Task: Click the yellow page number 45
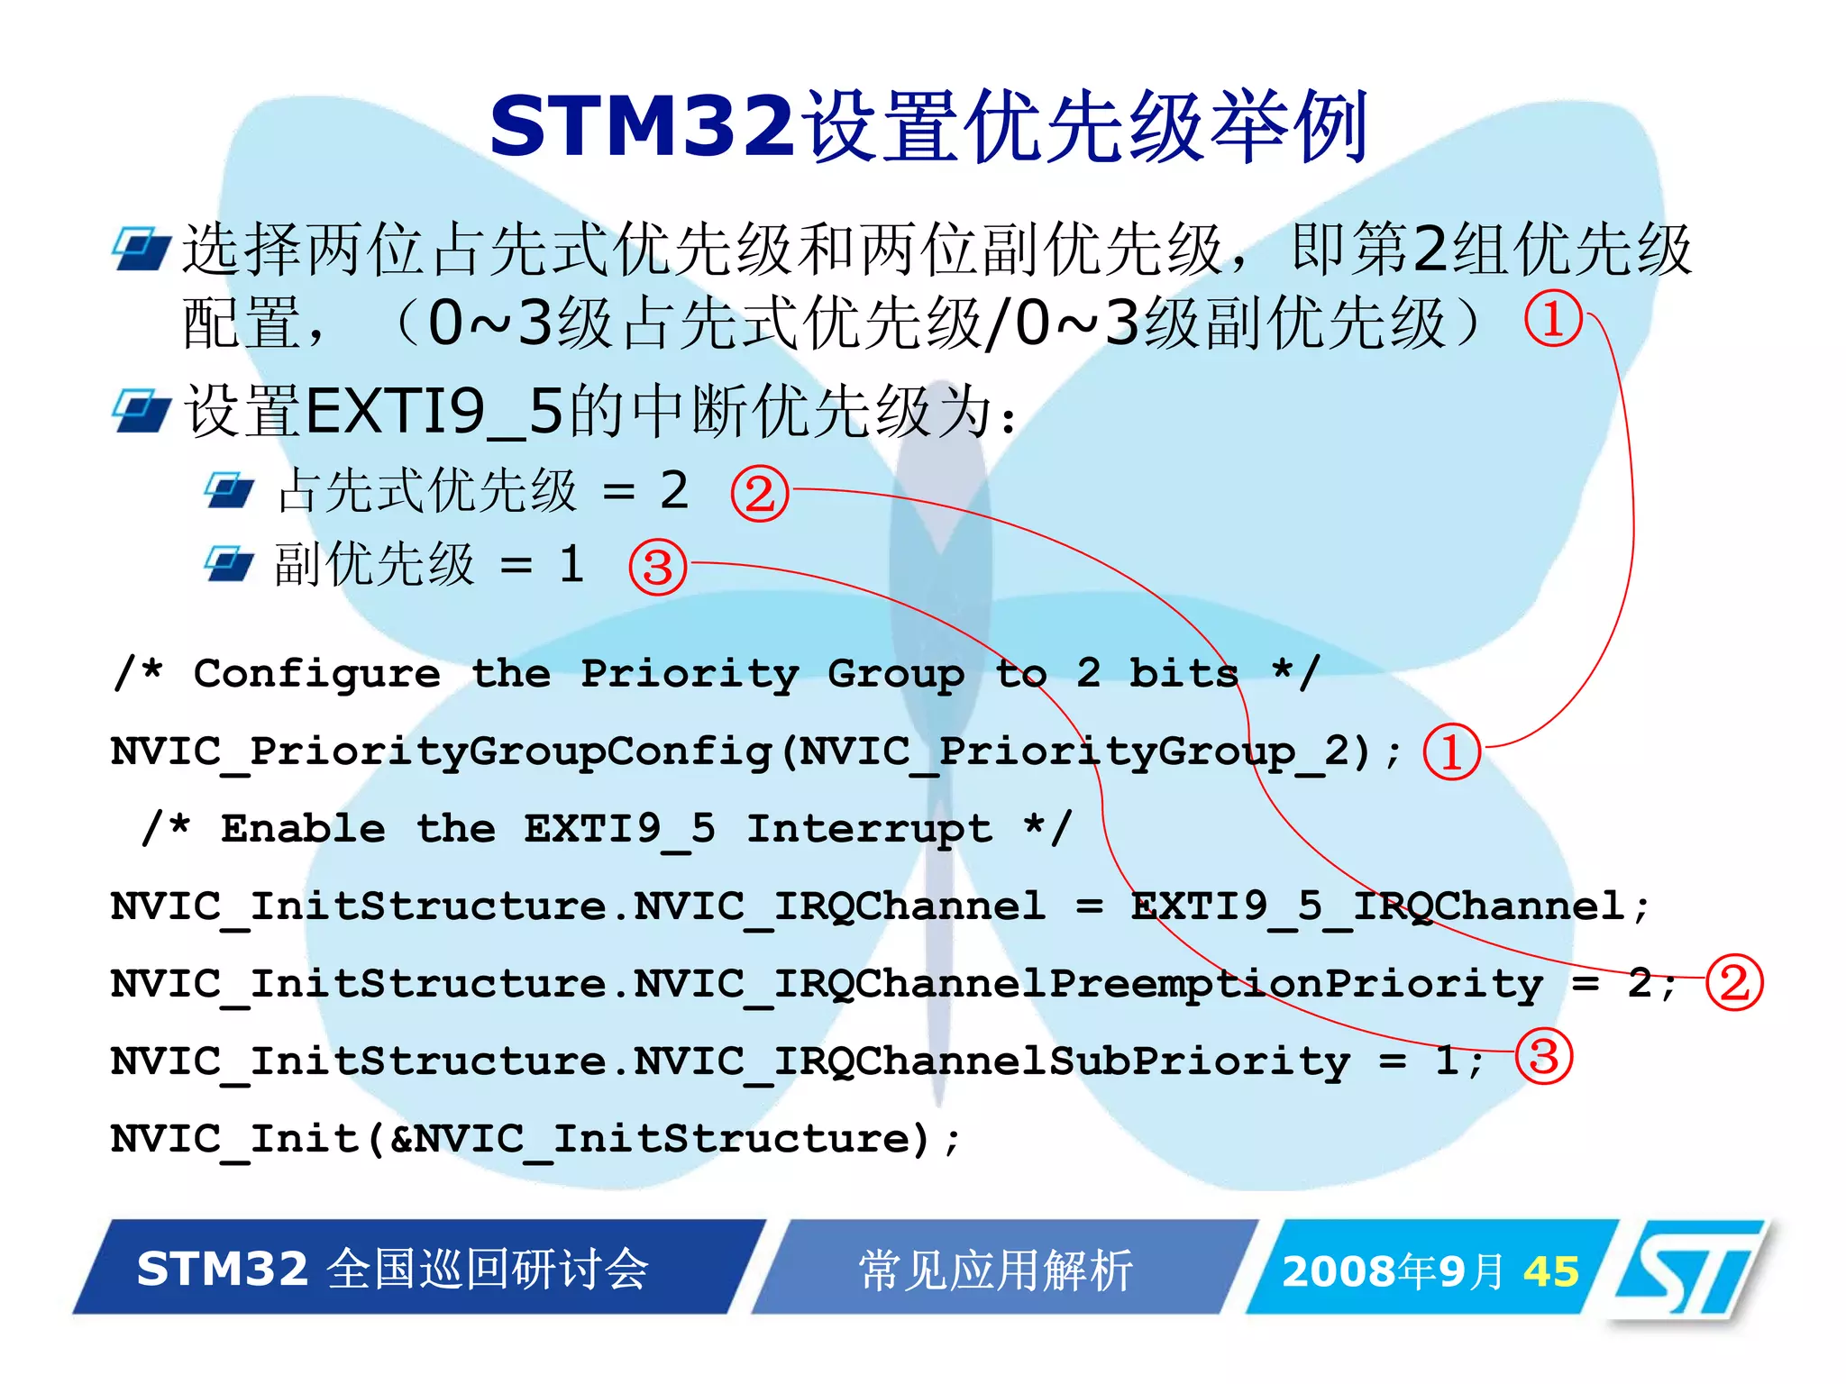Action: coord(1551,1271)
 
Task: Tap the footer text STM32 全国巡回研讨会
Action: coord(393,1269)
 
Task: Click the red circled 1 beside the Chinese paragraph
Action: coord(1553,319)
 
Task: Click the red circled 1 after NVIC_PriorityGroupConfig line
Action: coord(1451,751)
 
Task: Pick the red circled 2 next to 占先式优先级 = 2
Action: coord(759,493)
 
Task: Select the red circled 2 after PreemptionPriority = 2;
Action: coord(1734,982)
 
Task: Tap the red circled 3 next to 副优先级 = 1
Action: coord(657,567)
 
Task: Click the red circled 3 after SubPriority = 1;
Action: coord(1543,1056)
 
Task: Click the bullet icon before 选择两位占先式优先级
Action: coord(142,249)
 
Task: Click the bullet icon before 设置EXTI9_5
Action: coord(142,411)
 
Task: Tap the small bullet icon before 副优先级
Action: coord(229,564)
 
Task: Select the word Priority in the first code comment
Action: coord(690,674)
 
